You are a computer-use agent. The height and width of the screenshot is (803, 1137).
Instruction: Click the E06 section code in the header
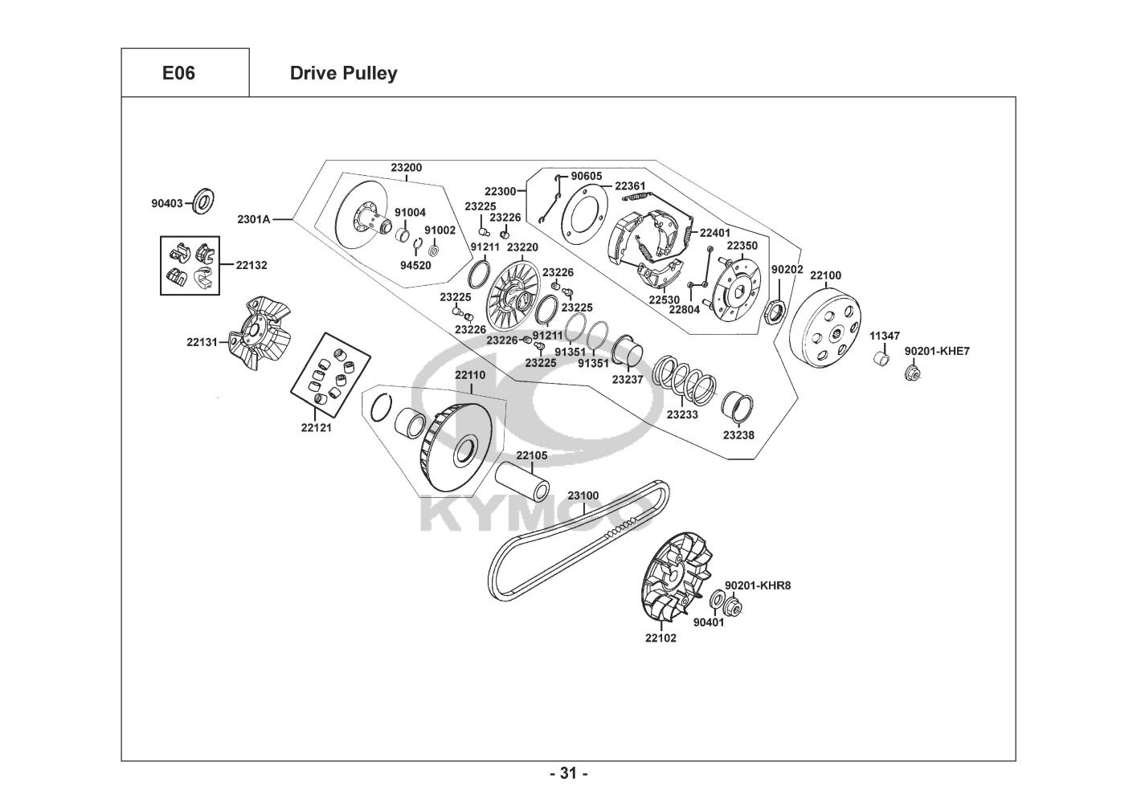pyautogui.click(x=178, y=73)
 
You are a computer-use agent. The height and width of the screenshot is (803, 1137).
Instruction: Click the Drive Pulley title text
pyautogui.click(x=343, y=73)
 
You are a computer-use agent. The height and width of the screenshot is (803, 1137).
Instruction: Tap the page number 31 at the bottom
pyautogui.click(x=568, y=773)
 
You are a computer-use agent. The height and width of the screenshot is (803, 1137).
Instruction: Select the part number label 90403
pyautogui.click(x=167, y=204)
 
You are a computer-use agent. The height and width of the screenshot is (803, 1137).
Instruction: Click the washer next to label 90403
pyautogui.click(x=205, y=202)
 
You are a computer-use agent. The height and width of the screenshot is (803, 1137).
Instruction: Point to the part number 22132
pyautogui.click(x=252, y=264)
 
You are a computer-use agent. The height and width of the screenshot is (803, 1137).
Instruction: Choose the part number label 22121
pyautogui.click(x=316, y=427)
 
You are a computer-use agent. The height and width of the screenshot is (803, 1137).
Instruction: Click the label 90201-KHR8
pyautogui.click(x=758, y=585)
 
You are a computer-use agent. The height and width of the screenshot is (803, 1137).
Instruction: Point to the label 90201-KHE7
pyautogui.click(x=937, y=351)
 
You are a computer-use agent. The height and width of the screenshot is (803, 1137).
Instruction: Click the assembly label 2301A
pyautogui.click(x=254, y=218)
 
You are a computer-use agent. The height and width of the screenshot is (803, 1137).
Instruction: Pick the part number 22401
pyautogui.click(x=715, y=233)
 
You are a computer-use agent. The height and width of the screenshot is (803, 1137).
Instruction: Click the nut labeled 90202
pyautogui.click(x=775, y=310)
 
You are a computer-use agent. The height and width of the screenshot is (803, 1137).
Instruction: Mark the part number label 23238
pyautogui.click(x=738, y=434)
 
